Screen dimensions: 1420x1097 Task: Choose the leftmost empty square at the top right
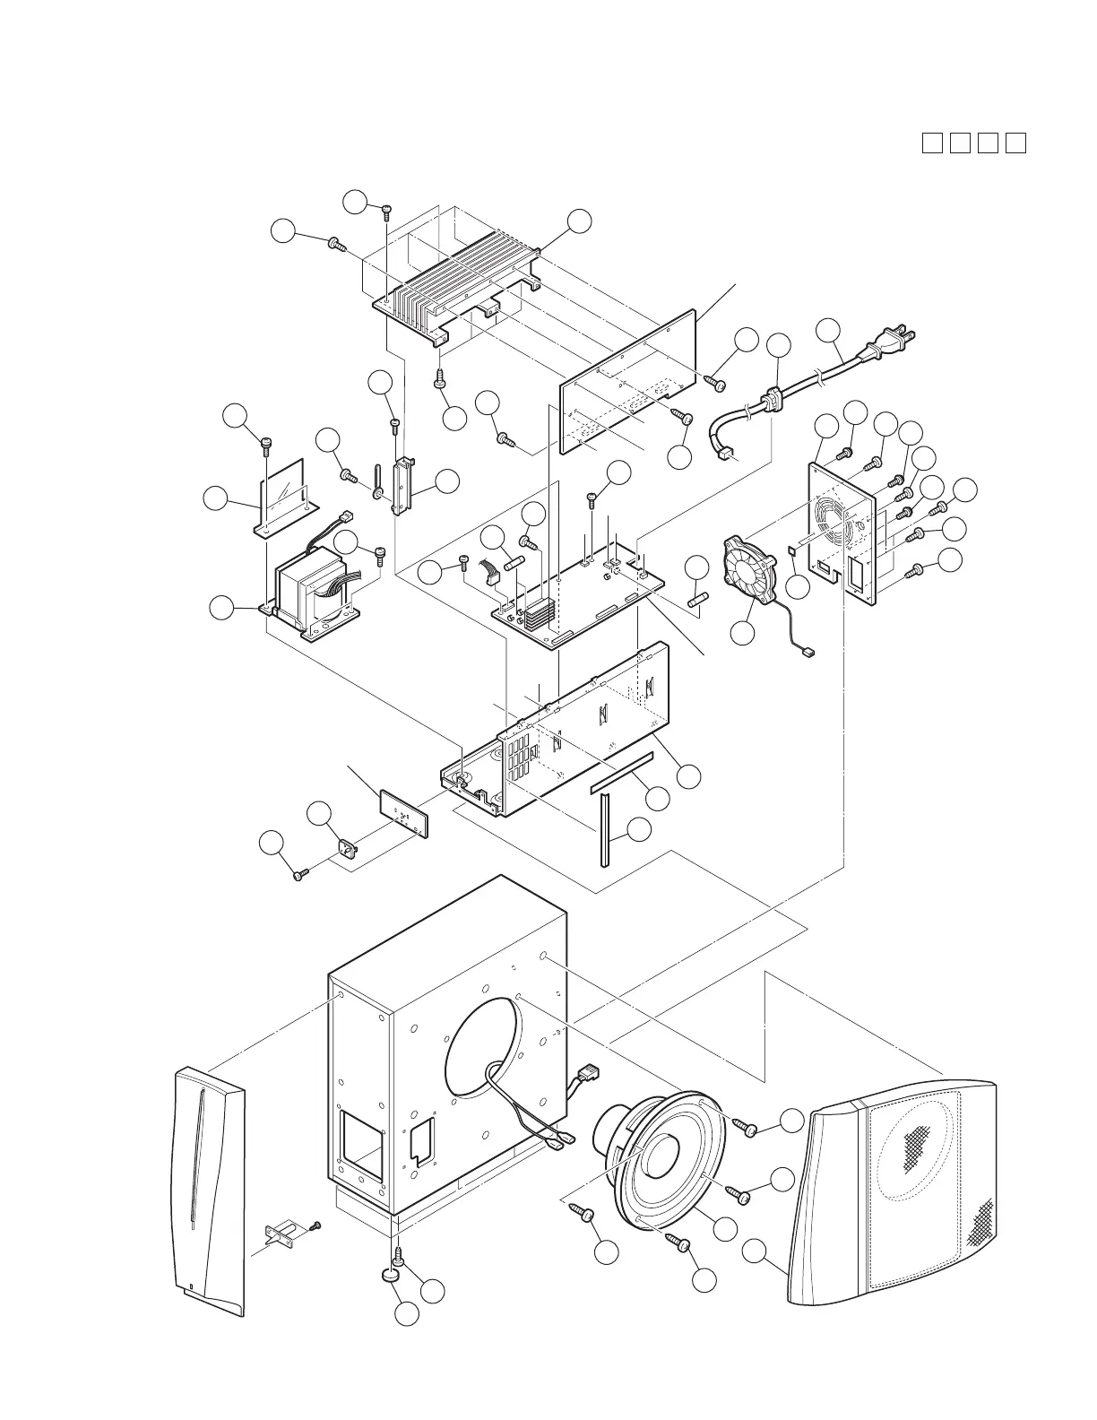tap(932, 143)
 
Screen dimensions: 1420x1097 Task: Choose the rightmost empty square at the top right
tap(1015, 143)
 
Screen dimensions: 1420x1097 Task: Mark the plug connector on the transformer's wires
tap(346, 518)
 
